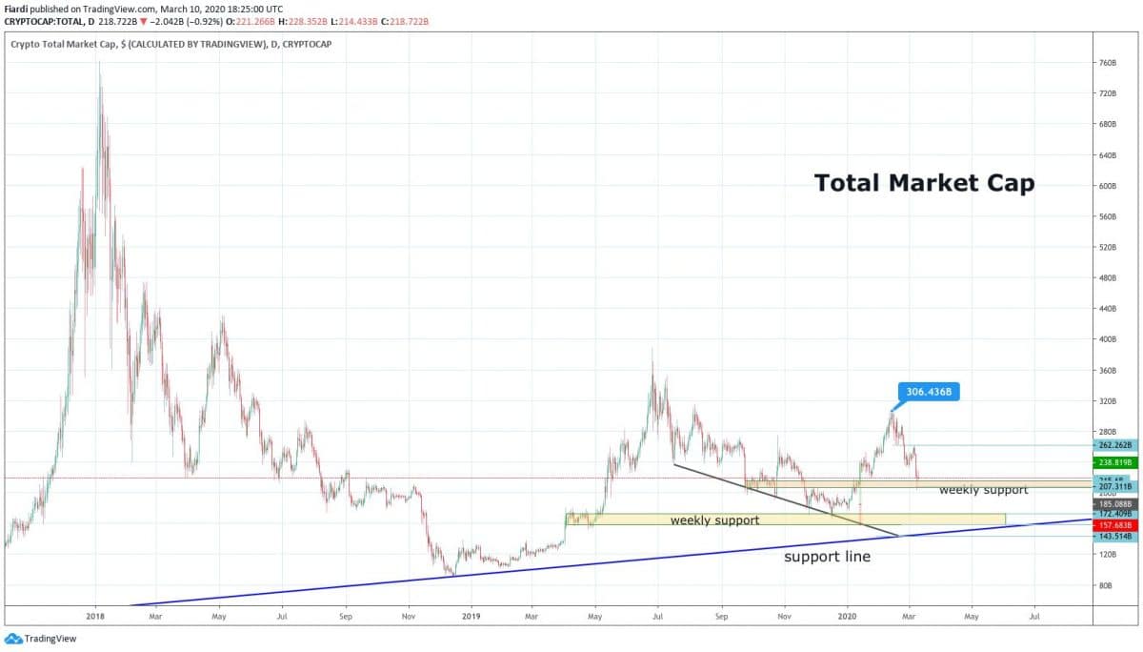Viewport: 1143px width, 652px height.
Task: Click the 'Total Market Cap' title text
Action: pos(923,183)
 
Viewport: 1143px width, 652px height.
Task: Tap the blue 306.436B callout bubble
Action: pos(928,391)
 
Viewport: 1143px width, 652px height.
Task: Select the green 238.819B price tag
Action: pos(1115,461)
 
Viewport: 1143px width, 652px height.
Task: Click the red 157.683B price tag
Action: pos(1115,525)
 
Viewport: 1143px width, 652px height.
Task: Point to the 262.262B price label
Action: pos(1115,445)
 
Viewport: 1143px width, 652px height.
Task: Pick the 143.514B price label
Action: pos(1115,537)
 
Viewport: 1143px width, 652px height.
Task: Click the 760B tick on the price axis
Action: pos(1107,63)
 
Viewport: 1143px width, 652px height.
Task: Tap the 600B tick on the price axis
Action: pos(1107,186)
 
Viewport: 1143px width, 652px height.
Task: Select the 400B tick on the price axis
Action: pos(1107,339)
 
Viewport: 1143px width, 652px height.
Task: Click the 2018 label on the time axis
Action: pos(95,617)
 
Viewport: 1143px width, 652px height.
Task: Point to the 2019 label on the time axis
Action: pos(471,617)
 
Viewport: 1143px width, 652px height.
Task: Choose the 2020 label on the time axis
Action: pos(847,617)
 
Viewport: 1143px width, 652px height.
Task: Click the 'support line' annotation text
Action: pos(827,557)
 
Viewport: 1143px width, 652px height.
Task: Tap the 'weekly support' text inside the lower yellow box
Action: pos(714,520)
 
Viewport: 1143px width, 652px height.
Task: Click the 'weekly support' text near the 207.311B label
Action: pos(983,490)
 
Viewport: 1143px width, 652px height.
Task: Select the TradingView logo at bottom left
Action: pos(30,640)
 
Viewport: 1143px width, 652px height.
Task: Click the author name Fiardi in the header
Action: pos(17,9)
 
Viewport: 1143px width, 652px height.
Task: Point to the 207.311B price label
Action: pos(1115,486)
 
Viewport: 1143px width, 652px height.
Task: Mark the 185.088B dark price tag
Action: pos(1115,503)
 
